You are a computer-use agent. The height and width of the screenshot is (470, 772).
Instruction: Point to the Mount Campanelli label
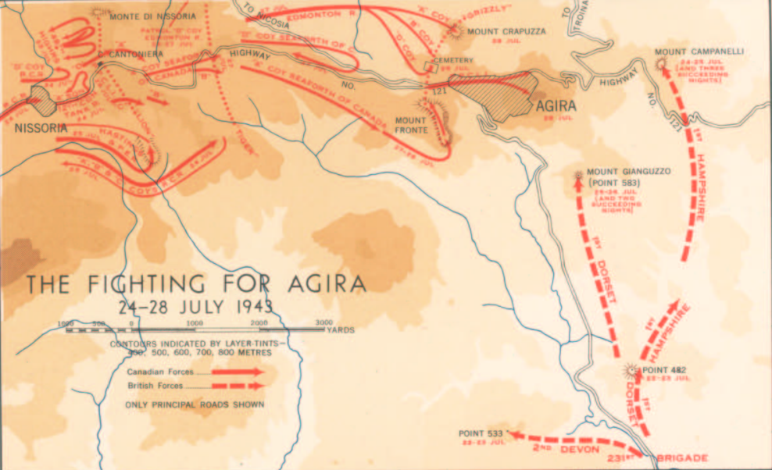click(x=699, y=52)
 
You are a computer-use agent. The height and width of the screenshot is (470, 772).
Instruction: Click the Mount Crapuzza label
click(x=506, y=31)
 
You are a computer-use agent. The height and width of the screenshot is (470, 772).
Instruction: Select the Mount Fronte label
click(x=410, y=125)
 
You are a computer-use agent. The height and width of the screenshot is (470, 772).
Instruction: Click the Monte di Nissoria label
click(x=143, y=16)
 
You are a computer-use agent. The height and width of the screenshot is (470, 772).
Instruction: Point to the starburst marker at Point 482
click(x=631, y=369)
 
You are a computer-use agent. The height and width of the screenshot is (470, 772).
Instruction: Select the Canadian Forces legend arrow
click(x=238, y=372)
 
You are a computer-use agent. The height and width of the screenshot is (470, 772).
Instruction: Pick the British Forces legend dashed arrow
click(x=238, y=386)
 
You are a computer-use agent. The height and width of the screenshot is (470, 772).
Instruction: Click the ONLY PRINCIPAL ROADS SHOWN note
click(x=195, y=404)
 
